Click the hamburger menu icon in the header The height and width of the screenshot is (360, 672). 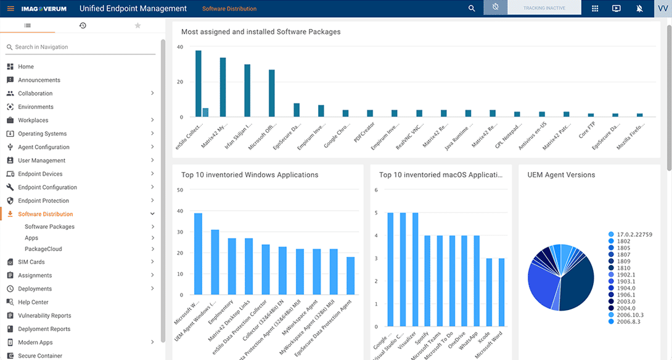click(10, 9)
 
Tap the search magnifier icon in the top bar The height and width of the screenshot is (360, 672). click(472, 9)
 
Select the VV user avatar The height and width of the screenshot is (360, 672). click(663, 9)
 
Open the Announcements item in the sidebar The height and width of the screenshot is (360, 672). click(39, 80)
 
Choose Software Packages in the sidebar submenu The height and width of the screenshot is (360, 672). click(49, 227)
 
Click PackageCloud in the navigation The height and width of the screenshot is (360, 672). click(43, 249)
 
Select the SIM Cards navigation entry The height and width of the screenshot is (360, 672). click(31, 262)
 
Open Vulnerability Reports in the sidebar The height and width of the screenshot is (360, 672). click(44, 316)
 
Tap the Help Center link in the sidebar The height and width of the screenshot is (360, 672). click(33, 302)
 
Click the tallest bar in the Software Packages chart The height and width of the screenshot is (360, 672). click(199, 84)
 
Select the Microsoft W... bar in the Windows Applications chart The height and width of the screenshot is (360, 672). click(199, 253)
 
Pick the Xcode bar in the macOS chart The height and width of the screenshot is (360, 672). click(488, 292)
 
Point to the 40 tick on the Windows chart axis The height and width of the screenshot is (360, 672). click(181, 211)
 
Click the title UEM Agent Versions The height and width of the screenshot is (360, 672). click(561, 175)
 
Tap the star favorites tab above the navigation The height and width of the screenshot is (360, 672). click(137, 25)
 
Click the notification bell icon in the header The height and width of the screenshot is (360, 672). click(639, 9)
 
